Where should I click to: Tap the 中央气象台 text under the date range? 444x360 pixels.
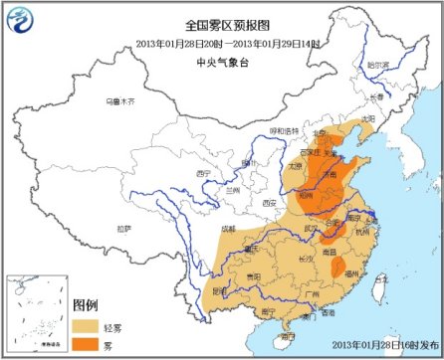(222, 58)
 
